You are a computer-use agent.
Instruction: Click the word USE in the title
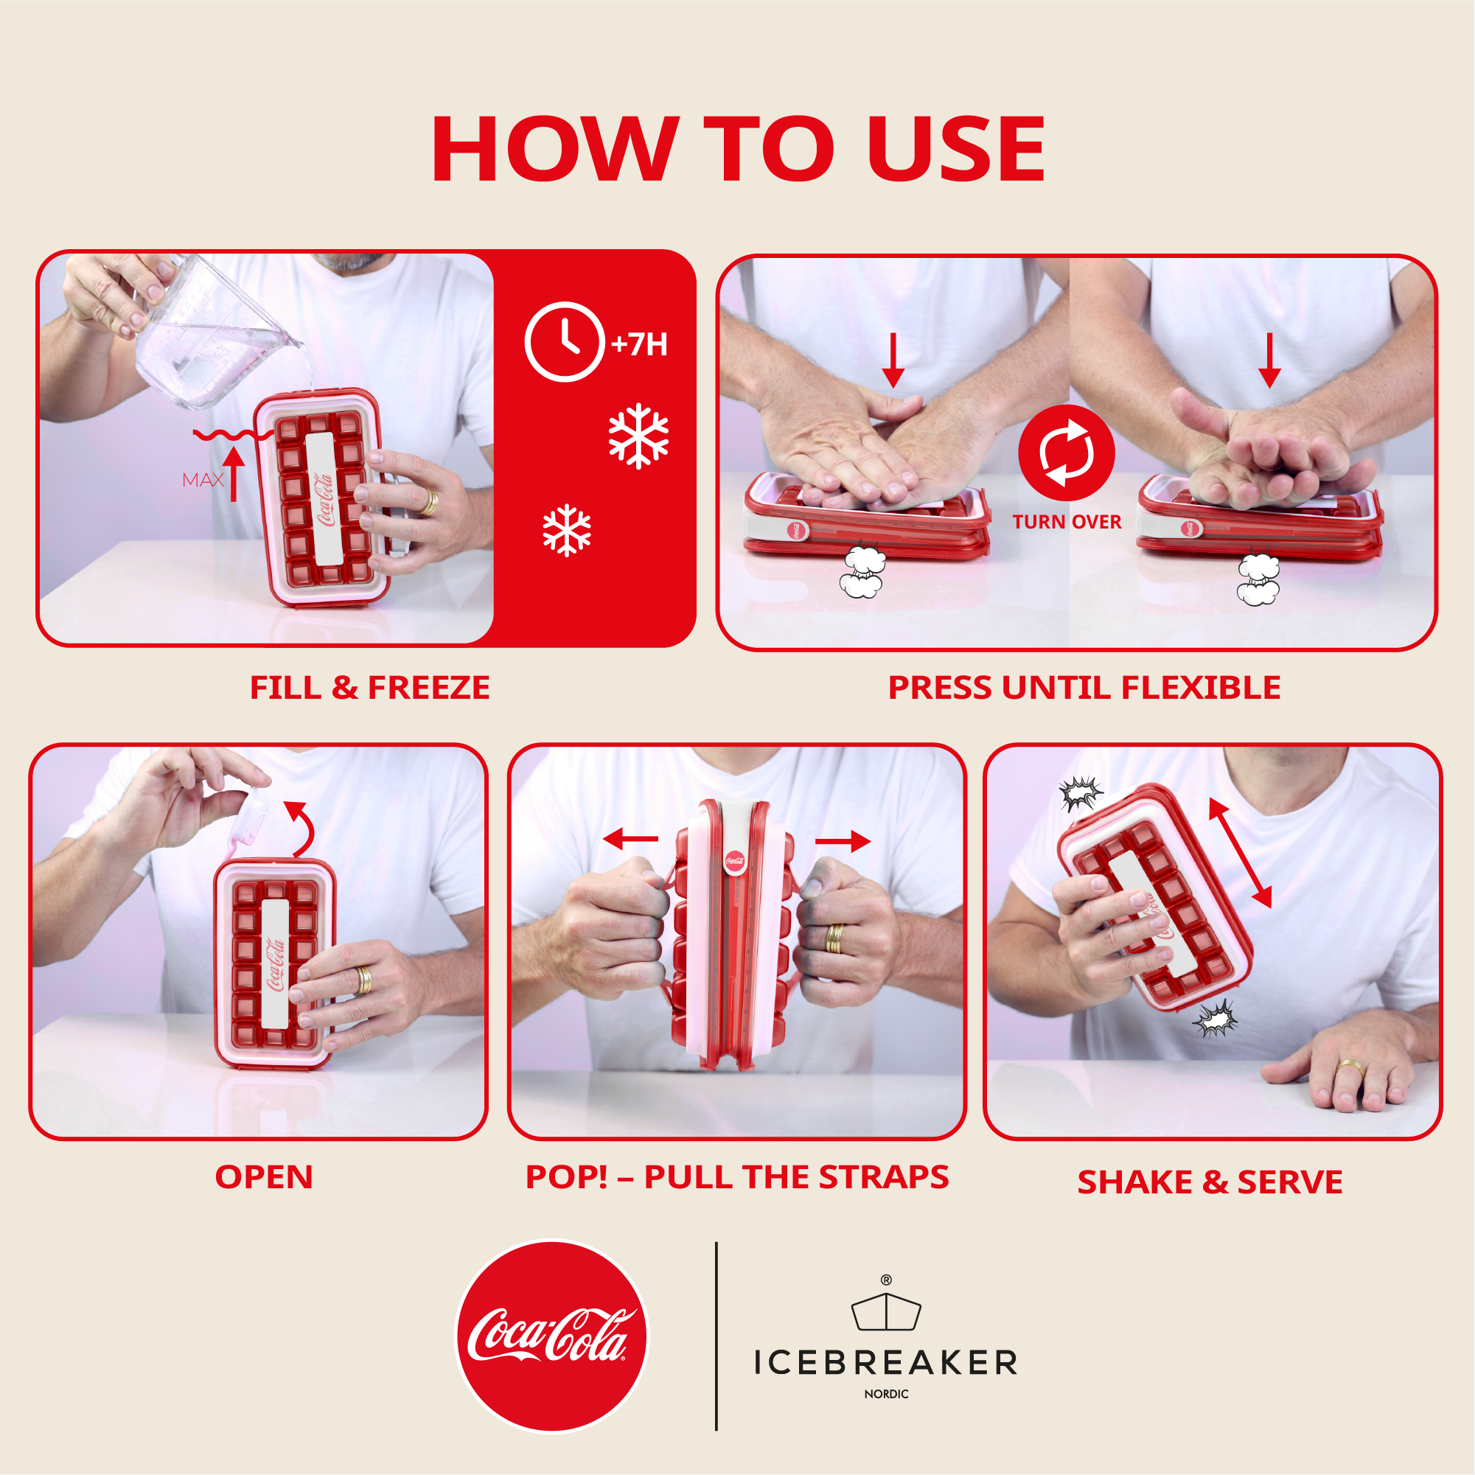tap(955, 150)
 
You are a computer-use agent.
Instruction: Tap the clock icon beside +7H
tap(564, 342)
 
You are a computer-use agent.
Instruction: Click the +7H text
tap(640, 344)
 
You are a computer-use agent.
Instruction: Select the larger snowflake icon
tap(638, 436)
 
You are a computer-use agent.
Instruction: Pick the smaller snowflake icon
tap(566, 530)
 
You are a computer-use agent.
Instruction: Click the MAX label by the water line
tap(202, 480)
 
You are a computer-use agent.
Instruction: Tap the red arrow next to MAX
tap(234, 473)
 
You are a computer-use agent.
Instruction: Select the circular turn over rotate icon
tap(1066, 453)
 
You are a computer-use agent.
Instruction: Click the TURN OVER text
tap(1067, 522)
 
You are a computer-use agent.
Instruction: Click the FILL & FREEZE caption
tap(369, 688)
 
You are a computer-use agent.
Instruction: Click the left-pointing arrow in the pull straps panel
tap(630, 839)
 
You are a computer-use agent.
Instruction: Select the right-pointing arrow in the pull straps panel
tap(843, 841)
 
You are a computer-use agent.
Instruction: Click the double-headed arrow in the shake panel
tap(1240, 853)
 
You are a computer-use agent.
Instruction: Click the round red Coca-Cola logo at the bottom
tap(551, 1336)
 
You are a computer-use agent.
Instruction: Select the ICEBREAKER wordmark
tap(885, 1363)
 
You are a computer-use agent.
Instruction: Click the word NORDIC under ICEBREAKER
tap(885, 1394)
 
